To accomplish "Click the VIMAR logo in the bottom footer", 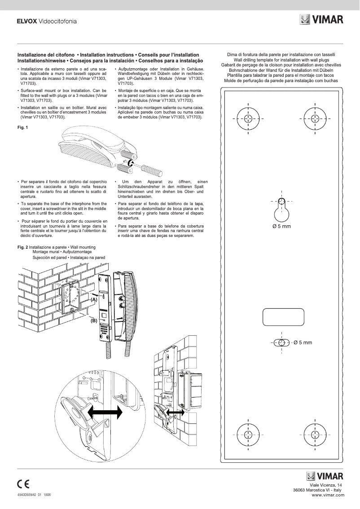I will click(325, 476).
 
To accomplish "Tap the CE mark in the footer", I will click(23, 484).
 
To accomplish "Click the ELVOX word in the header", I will click(26, 21).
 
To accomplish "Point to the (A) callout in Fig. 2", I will click(93, 299).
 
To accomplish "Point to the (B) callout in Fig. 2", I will click(93, 320).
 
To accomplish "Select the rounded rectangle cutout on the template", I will click(281, 317).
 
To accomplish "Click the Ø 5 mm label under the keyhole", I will click(281, 226).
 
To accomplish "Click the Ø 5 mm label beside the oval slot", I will click(302, 342).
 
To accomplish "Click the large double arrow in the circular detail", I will click(105, 411).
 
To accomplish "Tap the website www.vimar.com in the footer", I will click(328, 495).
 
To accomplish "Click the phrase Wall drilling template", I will click(253, 60).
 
